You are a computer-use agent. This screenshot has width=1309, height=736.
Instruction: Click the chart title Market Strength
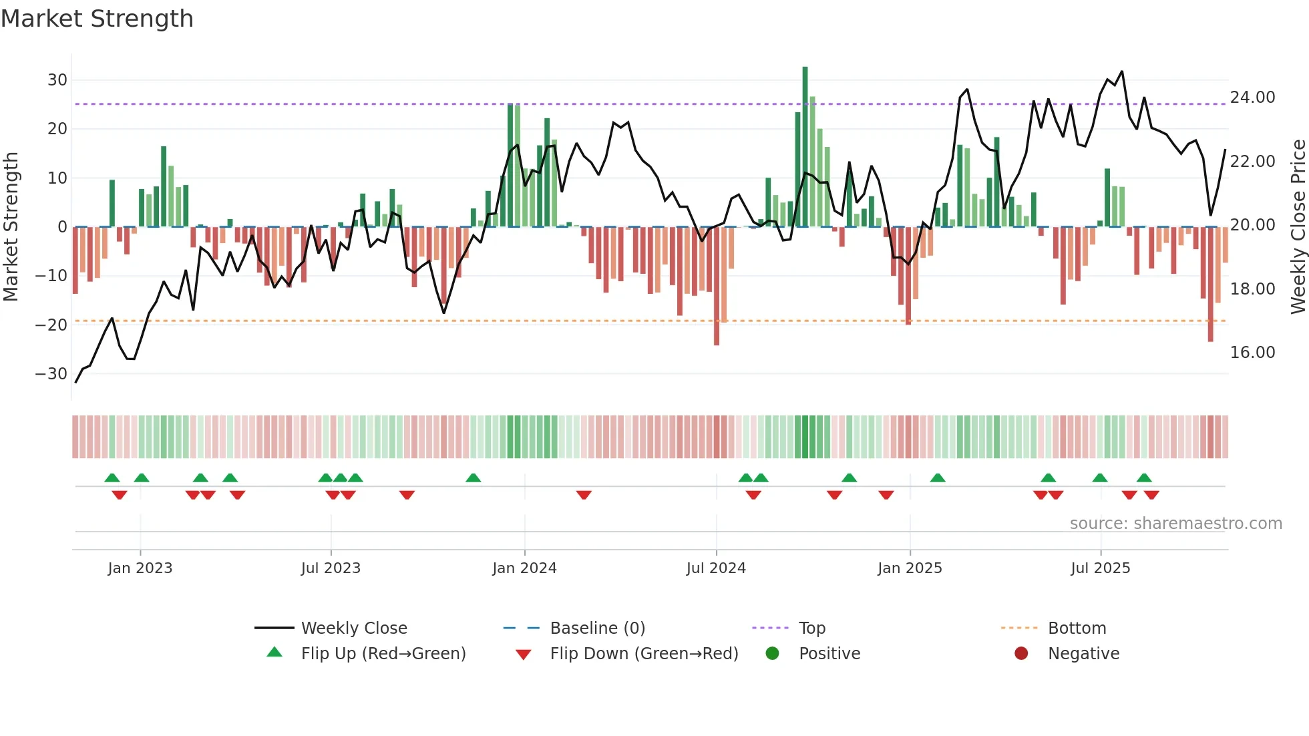pos(97,19)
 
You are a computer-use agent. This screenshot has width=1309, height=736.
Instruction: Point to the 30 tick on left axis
pos(57,80)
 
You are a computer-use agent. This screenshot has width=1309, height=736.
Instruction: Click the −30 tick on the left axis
pos(51,374)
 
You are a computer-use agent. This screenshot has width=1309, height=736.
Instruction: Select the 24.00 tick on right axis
pos(1252,98)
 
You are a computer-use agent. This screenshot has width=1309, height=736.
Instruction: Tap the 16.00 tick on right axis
pos(1252,353)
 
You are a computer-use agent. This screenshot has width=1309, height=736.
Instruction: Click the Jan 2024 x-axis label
pos(524,568)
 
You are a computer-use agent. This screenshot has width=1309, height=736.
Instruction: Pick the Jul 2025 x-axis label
pos(1100,568)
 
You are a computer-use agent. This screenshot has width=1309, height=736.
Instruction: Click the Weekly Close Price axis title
pos(1298,227)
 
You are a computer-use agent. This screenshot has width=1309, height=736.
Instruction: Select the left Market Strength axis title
pos(11,227)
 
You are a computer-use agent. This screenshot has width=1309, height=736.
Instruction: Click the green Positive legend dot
pos(773,654)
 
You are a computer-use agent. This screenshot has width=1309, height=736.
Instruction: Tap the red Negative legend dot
pos(1021,654)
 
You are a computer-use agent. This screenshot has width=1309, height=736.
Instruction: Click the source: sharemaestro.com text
pos(1175,524)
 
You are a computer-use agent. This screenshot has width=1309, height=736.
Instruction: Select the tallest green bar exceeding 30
pos(805,147)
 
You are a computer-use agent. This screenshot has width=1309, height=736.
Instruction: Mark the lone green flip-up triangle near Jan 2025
pos(938,478)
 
